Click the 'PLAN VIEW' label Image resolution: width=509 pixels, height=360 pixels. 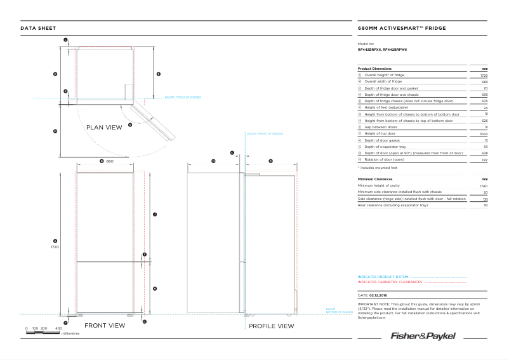[x=104, y=128]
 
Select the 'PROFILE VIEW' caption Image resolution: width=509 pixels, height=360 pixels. [x=271, y=326]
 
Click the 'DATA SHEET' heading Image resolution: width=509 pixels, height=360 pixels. [x=38, y=29]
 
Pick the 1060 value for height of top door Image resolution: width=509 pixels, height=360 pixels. [x=483, y=134]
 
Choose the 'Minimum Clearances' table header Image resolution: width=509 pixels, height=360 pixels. [x=375, y=179]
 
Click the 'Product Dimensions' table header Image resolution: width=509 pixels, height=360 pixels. [x=374, y=69]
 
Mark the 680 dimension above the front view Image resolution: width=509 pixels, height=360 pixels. [x=109, y=161]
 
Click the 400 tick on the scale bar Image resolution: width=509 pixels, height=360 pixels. [x=58, y=328]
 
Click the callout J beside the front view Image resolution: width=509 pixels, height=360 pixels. [x=155, y=215]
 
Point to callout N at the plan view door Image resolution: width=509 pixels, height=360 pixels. [x=129, y=125]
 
